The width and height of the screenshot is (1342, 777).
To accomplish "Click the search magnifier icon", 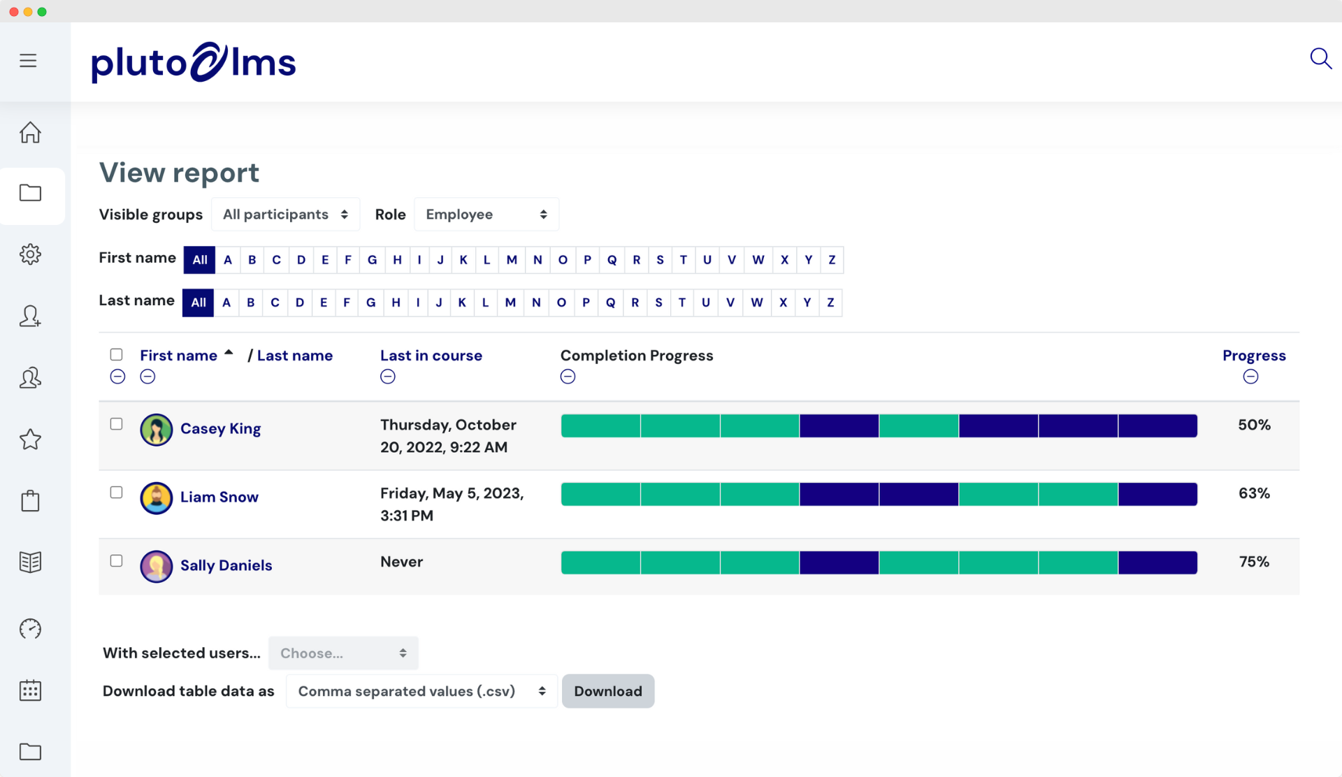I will pos(1320,59).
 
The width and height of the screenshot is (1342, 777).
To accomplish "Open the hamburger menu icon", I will pos(28,61).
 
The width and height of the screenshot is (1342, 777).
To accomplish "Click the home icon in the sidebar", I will pos(30,132).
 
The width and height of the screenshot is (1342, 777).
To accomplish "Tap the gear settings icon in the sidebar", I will pos(30,254).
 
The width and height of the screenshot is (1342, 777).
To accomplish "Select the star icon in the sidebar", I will pos(30,440).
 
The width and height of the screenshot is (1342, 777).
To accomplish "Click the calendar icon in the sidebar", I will pos(30,690).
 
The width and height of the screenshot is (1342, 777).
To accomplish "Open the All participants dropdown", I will pos(285,215).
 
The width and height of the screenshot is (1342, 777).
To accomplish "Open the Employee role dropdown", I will pos(486,215).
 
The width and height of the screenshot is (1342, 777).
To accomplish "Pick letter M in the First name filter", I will pos(512,260).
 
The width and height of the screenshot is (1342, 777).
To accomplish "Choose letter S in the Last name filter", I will pos(658,303).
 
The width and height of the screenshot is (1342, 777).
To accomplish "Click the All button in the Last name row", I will pos(199,303).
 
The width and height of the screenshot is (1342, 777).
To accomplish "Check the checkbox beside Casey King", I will pos(117,424).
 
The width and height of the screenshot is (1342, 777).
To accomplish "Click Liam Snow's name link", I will pos(219,497).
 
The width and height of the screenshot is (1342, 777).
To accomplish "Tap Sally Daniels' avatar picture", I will pos(157,566).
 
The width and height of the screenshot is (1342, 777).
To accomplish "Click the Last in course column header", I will pos(431,356).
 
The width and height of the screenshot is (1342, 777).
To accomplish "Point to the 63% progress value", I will pos(1254,493).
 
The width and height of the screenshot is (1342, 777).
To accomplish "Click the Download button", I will pos(608,691).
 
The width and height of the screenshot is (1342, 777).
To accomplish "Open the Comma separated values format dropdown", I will pos(421,691).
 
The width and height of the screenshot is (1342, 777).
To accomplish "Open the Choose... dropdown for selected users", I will pos(343,653).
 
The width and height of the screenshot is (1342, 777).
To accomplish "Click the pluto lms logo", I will pos(194,62).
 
